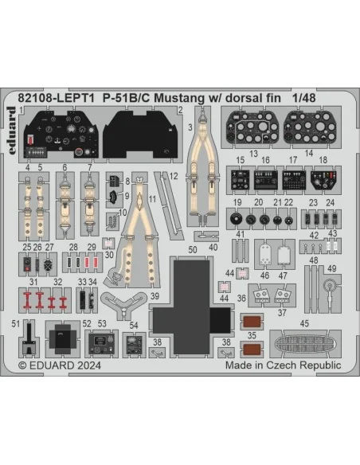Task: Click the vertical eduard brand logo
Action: click(11, 131)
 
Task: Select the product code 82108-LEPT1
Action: click(57, 98)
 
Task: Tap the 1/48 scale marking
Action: click(303, 98)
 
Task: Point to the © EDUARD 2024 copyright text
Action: click(59, 365)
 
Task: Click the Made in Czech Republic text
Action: click(284, 365)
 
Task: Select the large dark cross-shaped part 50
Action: click(191, 307)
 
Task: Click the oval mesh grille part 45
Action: click(305, 343)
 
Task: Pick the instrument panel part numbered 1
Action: click(61, 134)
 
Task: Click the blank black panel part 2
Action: click(140, 135)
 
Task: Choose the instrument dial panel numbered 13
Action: click(252, 127)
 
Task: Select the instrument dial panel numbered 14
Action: click(310, 127)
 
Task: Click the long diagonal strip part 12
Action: click(169, 206)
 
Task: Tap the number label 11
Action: click(152, 199)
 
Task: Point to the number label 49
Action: click(331, 268)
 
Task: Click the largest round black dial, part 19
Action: click(236, 219)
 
